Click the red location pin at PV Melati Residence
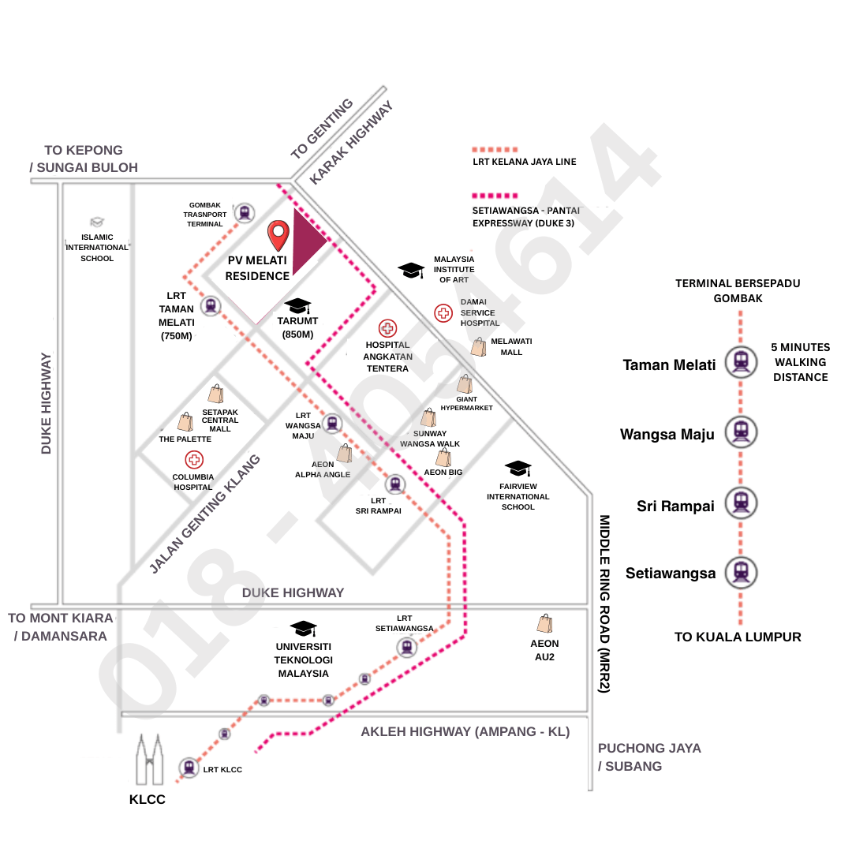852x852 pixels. (x=278, y=234)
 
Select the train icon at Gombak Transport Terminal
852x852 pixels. (x=245, y=212)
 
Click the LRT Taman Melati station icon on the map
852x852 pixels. (x=211, y=306)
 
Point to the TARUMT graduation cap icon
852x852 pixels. (x=297, y=305)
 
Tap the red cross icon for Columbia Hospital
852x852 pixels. (x=193, y=460)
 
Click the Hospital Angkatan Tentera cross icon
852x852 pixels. (x=387, y=328)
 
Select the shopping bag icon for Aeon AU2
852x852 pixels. (x=544, y=624)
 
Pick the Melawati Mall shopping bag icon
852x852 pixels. (x=479, y=347)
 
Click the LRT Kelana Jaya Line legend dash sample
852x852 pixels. (x=495, y=149)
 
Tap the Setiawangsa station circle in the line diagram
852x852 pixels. (x=741, y=571)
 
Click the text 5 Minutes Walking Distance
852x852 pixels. (x=799, y=362)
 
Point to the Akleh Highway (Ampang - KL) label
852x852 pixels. (x=465, y=731)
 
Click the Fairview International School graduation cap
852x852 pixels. (x=518, y=469)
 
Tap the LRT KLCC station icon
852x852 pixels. (x=189, y=767)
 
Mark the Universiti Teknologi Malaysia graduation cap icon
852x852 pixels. (x=303, y=629)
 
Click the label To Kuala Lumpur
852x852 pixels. (x=738, y=637)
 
